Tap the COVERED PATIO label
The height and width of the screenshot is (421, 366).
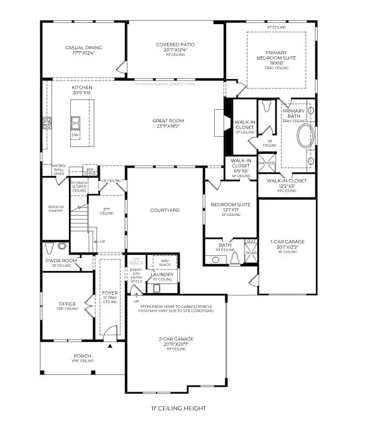point(175,45)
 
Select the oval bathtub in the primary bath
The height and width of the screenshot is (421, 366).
point(306,137)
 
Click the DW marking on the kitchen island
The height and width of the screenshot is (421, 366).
point(75,135)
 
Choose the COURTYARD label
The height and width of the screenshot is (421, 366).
point(165,210)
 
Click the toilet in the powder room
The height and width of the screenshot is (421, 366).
point(50,247)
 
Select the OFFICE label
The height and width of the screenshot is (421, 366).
point(67,304)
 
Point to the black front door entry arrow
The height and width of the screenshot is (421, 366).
point(111,346)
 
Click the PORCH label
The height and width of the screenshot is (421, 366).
point(82,356)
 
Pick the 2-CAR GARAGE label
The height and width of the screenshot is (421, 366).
point(175,339)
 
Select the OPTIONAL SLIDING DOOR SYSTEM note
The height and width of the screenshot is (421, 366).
point(164,84)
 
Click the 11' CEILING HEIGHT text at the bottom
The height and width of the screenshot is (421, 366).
point(178,408)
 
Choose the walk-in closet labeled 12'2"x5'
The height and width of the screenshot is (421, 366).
point(286,181)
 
